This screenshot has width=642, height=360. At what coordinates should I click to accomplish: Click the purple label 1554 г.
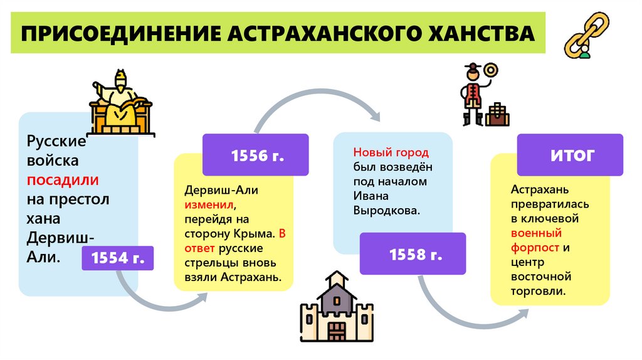click(x=118, y=257)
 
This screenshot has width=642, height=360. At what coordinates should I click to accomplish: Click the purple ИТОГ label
click(x=571, y=155)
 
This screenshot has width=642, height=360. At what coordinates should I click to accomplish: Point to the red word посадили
click(x=62, y=179)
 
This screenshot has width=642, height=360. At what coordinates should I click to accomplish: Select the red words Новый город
click(x=391, y=153)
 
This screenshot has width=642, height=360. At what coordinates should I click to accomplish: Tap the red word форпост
click(x=532, y=247)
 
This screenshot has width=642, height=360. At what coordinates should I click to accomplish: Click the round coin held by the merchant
click(x=490, y=69)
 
